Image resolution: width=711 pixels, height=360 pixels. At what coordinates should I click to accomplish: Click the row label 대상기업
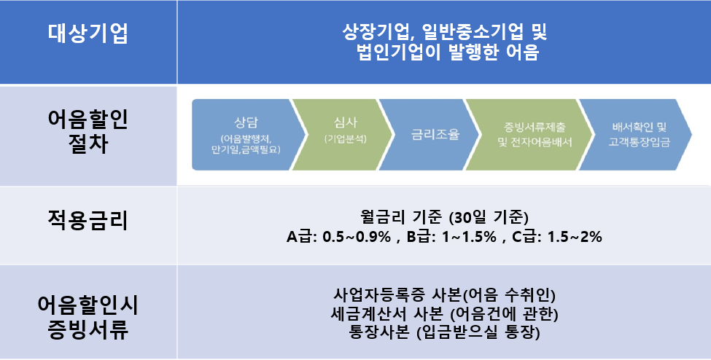tap(88, 33)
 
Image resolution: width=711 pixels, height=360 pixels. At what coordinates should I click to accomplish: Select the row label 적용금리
tap(88, 221)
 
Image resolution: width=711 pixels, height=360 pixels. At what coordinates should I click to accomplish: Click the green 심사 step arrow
tap(341, 135)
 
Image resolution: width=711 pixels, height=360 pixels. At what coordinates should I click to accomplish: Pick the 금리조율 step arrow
tap(429, 135)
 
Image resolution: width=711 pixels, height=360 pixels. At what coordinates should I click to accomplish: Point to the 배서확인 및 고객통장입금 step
tap(636, 135)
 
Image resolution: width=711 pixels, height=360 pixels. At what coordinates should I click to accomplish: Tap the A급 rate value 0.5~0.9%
tap(357, 237)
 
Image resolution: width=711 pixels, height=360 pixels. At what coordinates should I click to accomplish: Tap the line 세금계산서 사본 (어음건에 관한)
tap(444, 314)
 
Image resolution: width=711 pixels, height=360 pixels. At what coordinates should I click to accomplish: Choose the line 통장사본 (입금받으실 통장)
tap(444, 333)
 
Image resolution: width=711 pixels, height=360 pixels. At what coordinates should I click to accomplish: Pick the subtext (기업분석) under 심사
tap(345, 139)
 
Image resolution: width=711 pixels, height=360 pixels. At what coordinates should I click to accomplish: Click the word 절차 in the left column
tap(88, 144)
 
